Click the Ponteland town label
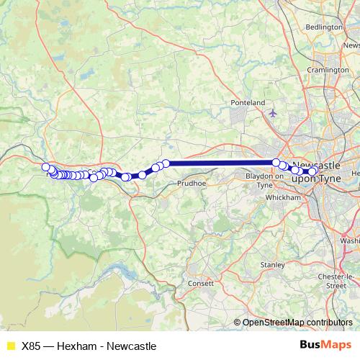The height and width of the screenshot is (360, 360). [248, 103]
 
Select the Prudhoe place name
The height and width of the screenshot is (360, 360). [191, 184]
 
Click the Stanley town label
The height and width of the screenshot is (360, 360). [272, 265]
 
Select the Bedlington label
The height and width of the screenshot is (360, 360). [323, 27]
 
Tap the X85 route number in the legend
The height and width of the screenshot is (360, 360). [32, 346]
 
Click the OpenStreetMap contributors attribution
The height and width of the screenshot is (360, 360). [297, 322]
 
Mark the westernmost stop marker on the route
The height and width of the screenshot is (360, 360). [45, 167]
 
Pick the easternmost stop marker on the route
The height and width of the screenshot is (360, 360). [313, 171]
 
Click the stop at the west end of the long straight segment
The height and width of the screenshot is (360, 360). [166, 163]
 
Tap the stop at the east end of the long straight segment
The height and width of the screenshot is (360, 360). [276, 163]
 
